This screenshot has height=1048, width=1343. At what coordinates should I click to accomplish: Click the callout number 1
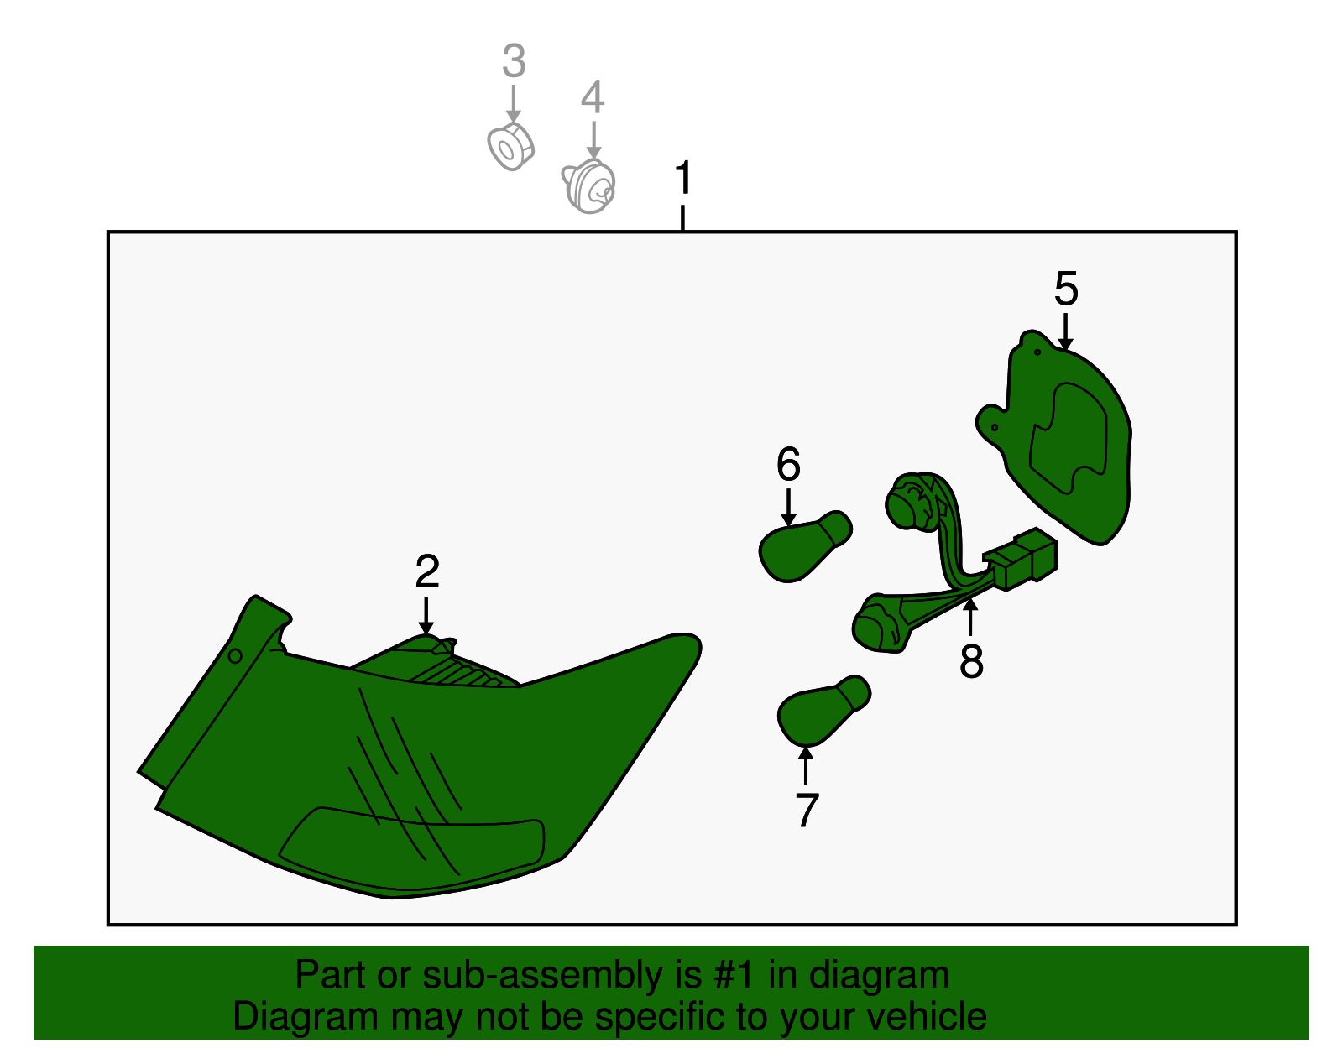683,177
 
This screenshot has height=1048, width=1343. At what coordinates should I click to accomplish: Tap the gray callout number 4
593,96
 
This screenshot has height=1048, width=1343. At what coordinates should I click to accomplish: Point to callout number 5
1066,288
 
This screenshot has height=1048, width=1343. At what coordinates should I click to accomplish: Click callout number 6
789,464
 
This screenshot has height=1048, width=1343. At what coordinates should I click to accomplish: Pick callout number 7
807,810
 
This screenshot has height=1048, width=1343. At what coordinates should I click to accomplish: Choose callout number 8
971,661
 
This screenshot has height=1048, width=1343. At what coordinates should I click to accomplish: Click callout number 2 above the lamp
427,571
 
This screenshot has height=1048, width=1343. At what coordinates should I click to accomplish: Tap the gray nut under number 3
510,146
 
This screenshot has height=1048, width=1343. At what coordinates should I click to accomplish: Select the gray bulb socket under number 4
589,186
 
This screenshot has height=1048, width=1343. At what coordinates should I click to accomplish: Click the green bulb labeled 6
805,546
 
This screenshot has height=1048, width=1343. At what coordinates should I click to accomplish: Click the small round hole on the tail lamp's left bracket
235,656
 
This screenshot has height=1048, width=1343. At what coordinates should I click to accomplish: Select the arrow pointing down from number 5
1065,331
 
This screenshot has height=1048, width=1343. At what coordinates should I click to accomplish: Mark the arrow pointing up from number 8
970,617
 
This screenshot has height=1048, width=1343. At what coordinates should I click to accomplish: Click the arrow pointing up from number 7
806,766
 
